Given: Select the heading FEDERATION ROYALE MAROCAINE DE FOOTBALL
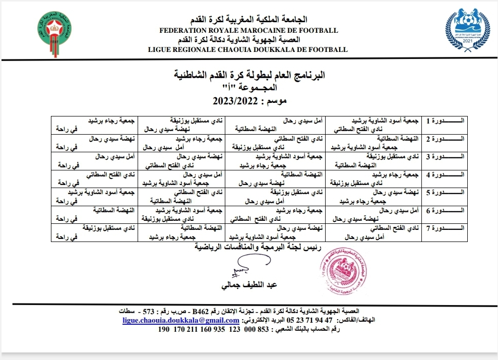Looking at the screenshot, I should [x=248, y=30].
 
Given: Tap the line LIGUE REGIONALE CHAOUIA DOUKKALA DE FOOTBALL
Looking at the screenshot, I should [x=248, y=49].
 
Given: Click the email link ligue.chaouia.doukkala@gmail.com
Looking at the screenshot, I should [x=181, y=320].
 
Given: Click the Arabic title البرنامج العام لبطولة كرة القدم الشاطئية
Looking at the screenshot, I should [x=248, y=76].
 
